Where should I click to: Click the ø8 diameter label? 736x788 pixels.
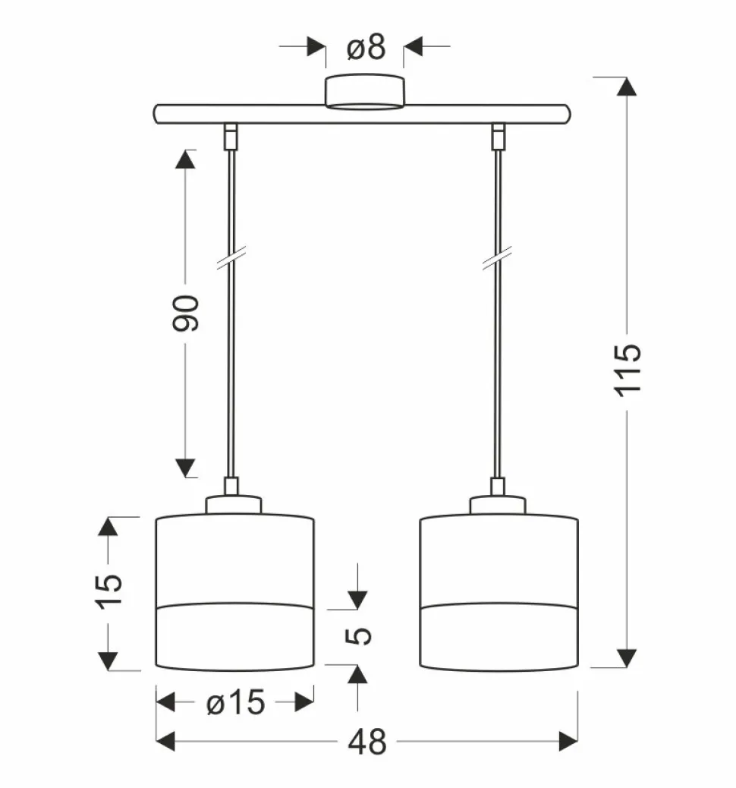pos(366,47)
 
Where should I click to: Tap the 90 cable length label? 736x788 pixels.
pos(186,313)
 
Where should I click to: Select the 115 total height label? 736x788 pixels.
pos(628,370)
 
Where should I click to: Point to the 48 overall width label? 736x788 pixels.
pos(367,742)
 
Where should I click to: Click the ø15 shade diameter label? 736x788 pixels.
pos(236,702)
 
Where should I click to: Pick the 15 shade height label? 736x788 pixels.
pos(109,591)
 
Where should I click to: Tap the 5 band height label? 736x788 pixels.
pos(358,636)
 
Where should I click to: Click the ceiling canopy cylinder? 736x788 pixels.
pos(364,91)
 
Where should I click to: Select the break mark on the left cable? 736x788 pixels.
pos(231,258)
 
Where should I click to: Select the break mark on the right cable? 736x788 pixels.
pos(497,258)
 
